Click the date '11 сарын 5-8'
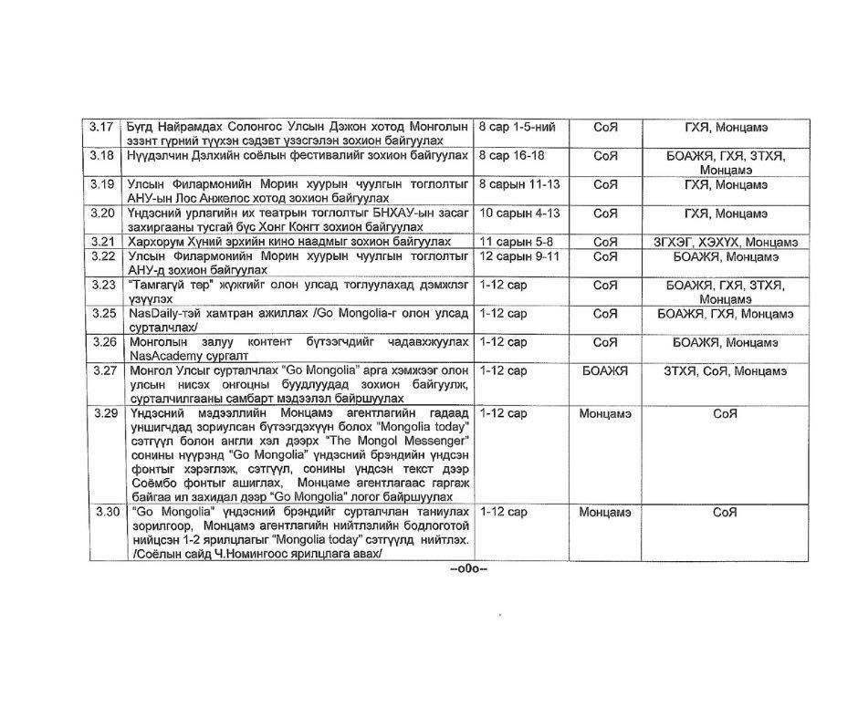point(516,242)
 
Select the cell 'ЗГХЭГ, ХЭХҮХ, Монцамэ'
point(726,242)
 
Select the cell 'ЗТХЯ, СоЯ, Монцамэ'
point(726,371)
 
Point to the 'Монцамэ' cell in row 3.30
point(605,513)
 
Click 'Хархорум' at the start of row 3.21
point(161,242)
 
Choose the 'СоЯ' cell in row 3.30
point(726,513)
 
